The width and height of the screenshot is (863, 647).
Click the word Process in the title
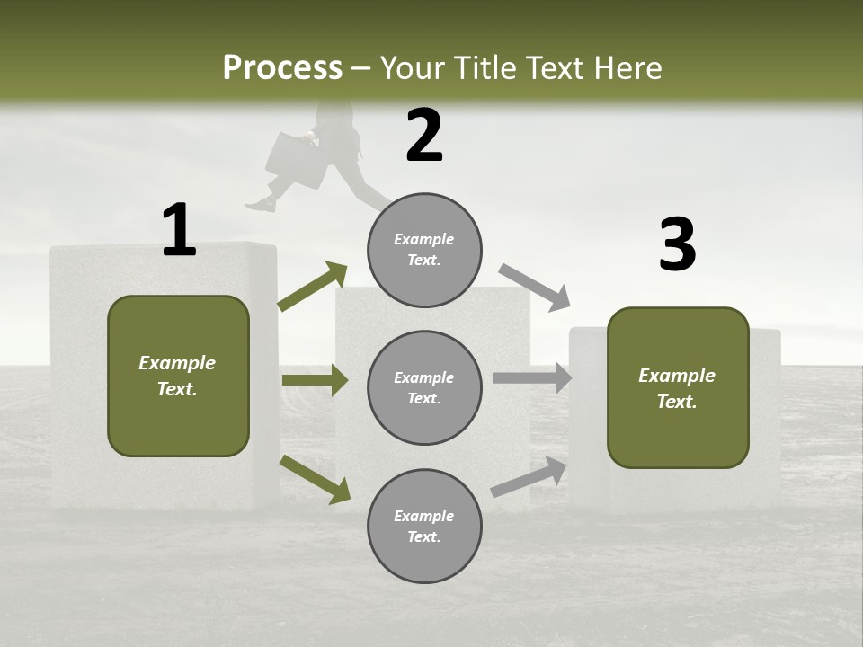(x=282, y=68)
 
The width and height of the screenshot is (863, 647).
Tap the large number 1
(x=179, y=231)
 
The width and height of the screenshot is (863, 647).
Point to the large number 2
(x=424, y=136)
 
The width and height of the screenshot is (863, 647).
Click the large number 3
(x=677, y=245)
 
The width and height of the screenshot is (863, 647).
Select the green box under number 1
(x=178, y=376)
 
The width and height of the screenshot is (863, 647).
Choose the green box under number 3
(x=678, y=387)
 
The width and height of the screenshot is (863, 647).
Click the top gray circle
(x=424, y=250)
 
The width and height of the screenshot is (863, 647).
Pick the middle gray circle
(x=424, y=387)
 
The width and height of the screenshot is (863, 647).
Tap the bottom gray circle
(x=424, y=526)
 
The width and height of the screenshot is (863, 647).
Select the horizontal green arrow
(x=315, y=380)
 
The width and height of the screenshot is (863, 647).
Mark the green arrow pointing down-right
(x=316, y=479)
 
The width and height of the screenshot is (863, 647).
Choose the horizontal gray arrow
(x=532, y=377)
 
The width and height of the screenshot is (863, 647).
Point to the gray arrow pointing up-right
(x=529, y=477)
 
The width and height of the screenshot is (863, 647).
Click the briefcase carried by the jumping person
(x=295, y=159)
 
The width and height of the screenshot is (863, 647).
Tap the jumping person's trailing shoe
(x=261, y=206)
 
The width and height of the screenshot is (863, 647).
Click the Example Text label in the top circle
(x=424, y=250)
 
